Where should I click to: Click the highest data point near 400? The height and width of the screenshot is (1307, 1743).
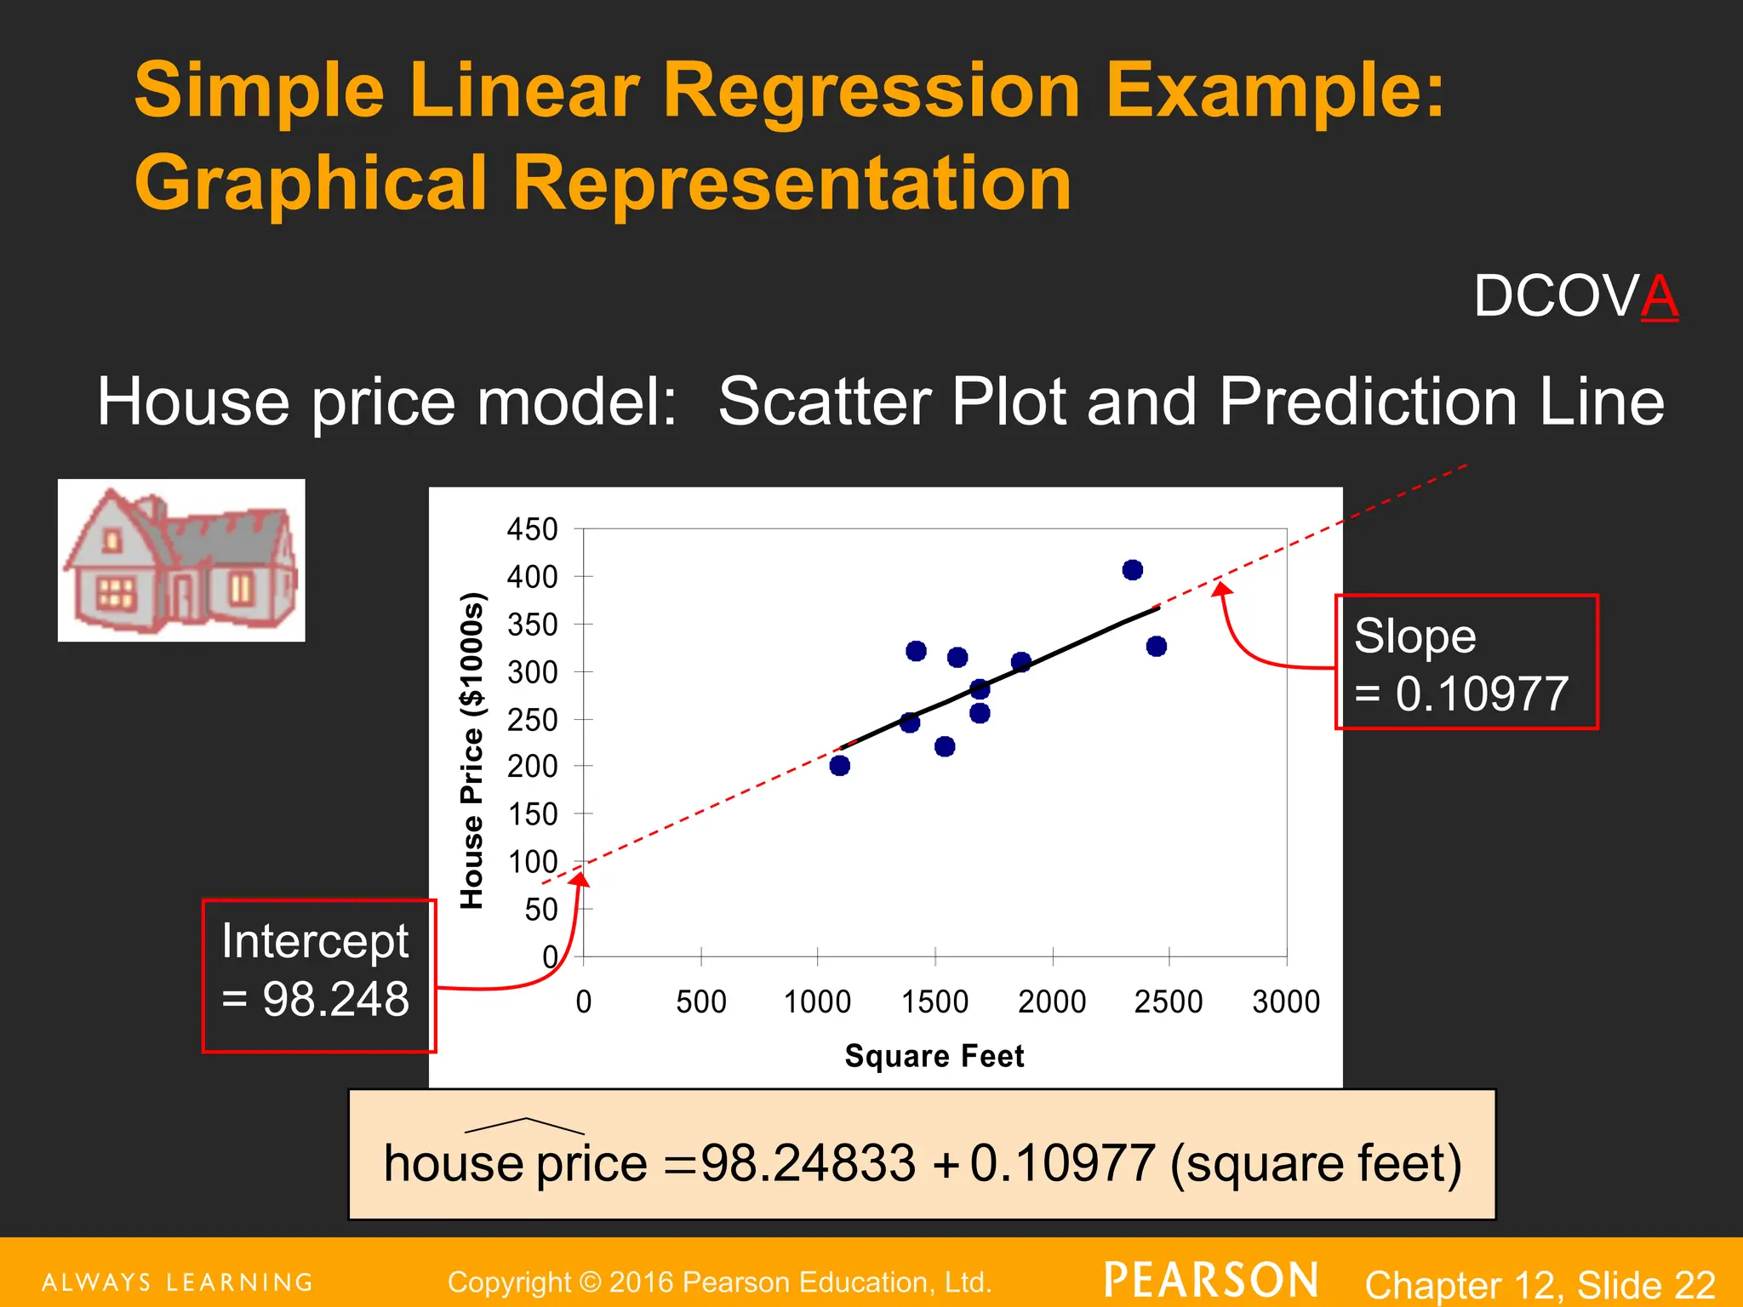1132,570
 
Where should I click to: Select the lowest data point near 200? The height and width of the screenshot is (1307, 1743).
840,766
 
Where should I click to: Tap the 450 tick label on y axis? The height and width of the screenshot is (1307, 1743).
533,529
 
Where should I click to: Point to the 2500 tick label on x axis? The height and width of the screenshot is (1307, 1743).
1169,1002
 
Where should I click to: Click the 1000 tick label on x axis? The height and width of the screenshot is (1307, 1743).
817,1002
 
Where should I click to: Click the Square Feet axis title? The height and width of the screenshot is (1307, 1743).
934,1056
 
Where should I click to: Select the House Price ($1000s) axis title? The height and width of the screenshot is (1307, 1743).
472,751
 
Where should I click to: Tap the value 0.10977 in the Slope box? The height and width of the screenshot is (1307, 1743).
1481,694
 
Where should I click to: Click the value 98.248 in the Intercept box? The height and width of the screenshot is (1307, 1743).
335,999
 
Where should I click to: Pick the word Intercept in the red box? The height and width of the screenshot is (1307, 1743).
315,941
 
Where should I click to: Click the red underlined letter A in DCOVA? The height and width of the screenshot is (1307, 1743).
1660,296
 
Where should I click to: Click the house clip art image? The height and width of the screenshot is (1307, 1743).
181,560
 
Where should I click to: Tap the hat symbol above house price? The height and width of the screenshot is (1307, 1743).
525,1126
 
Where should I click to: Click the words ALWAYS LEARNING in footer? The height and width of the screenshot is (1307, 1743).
178,1282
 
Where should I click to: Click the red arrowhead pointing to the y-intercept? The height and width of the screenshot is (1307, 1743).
580,880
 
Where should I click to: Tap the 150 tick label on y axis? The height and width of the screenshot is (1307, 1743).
533,814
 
